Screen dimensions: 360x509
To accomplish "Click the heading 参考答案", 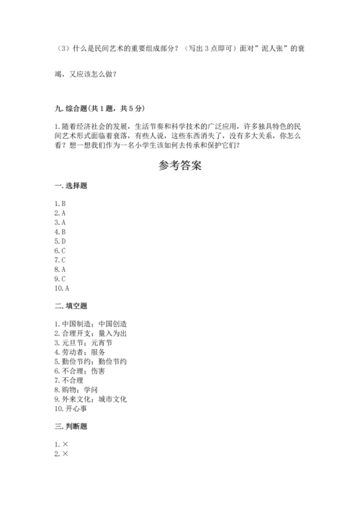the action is [x=179, y=166].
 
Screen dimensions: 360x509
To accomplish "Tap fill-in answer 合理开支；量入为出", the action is [x=96, y=333].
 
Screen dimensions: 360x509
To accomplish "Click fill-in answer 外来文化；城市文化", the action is [x=96, y=399].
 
